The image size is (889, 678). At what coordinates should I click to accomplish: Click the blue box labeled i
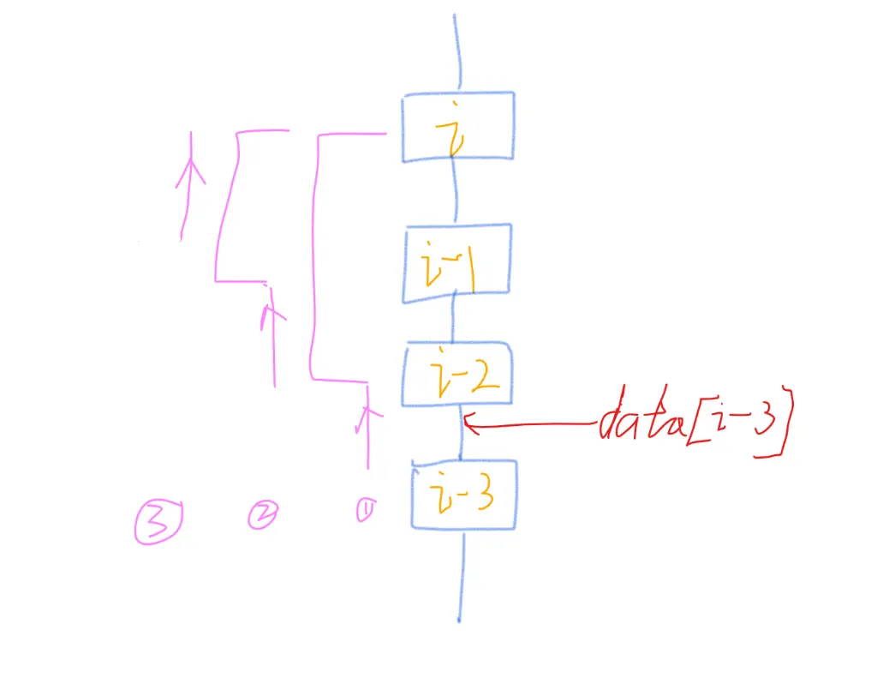coord(458,126)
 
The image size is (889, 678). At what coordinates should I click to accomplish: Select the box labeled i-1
coord(457,263)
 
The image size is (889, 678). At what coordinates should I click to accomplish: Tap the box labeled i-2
coord(457,374)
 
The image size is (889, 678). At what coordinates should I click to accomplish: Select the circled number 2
coord(261,514)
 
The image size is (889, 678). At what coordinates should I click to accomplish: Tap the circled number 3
coord(157,522)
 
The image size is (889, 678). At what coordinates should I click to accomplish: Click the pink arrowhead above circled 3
coord(190,172)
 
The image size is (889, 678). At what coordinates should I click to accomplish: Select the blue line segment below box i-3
coord(461,574)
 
